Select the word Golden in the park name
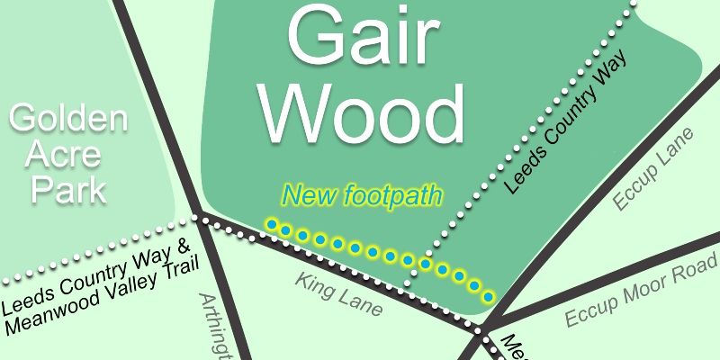point(67,119)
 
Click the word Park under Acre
point(68,190)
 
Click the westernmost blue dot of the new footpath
point(271,224)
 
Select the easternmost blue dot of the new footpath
point(489,296)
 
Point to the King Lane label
point(338,294)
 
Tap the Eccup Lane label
point(654,169)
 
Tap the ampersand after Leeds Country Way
point(182,247)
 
